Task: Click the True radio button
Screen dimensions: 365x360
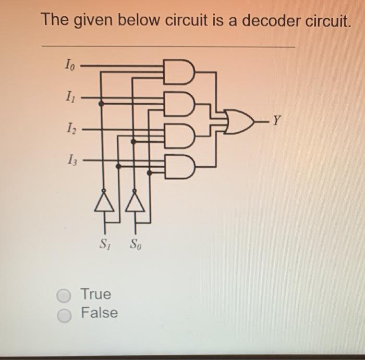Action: tap(63, 296)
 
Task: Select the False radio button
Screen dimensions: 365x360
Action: tap(63, 315)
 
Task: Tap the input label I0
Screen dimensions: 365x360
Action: tap(69, 65)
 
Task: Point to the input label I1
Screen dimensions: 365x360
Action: tap(69, 96)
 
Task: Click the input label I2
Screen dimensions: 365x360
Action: tap(69, 128)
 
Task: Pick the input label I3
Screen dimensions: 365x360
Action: tap(69, 159)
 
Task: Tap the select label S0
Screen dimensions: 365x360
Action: tap(135, 243)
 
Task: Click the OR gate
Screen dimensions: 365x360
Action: tap(237, 122)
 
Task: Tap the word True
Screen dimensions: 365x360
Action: tap(96, 294)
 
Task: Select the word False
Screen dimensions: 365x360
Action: tap(99, 313)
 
